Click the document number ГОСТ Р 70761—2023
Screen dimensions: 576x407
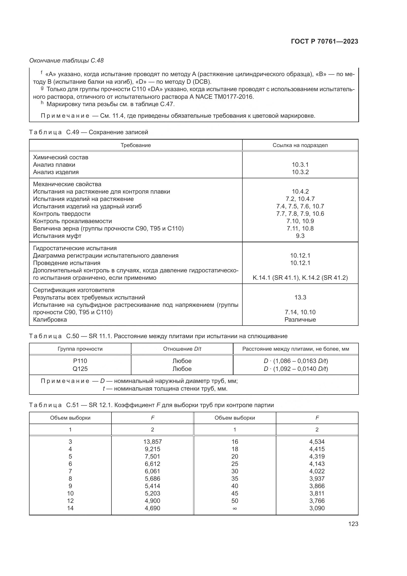[x=325, y=42]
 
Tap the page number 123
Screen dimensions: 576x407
[x=353, y=524]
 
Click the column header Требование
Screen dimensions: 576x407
[x=136, y=145]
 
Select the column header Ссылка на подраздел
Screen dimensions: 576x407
[x=300, y=145]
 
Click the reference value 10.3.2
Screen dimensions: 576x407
[x=300, y=172]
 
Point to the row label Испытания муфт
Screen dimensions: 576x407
[x=57, y=236]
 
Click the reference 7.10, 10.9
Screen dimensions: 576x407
[x=300, y=221]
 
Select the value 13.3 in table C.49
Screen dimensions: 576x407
[x=300, y=297]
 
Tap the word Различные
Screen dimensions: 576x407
[x=300, y=320]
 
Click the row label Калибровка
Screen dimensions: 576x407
[x=50, y=320]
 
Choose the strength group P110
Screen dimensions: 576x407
[x=80, y=361]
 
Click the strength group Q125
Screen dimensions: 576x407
[x=80, y=369]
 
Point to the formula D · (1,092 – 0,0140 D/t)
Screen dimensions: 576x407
[x=296, y=369]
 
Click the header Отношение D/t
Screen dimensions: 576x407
[x=182, y=349]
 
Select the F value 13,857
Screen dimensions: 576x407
[x=152, y=442]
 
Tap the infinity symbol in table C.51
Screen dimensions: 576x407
[x=235, y=508]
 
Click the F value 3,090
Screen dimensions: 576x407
[x=317, y=508]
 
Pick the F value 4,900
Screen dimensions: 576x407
[x=152, y=501]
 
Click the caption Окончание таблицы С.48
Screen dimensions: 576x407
[x=66, y=61]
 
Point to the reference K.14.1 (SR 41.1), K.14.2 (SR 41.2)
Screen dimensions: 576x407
[x=300, y=278]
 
